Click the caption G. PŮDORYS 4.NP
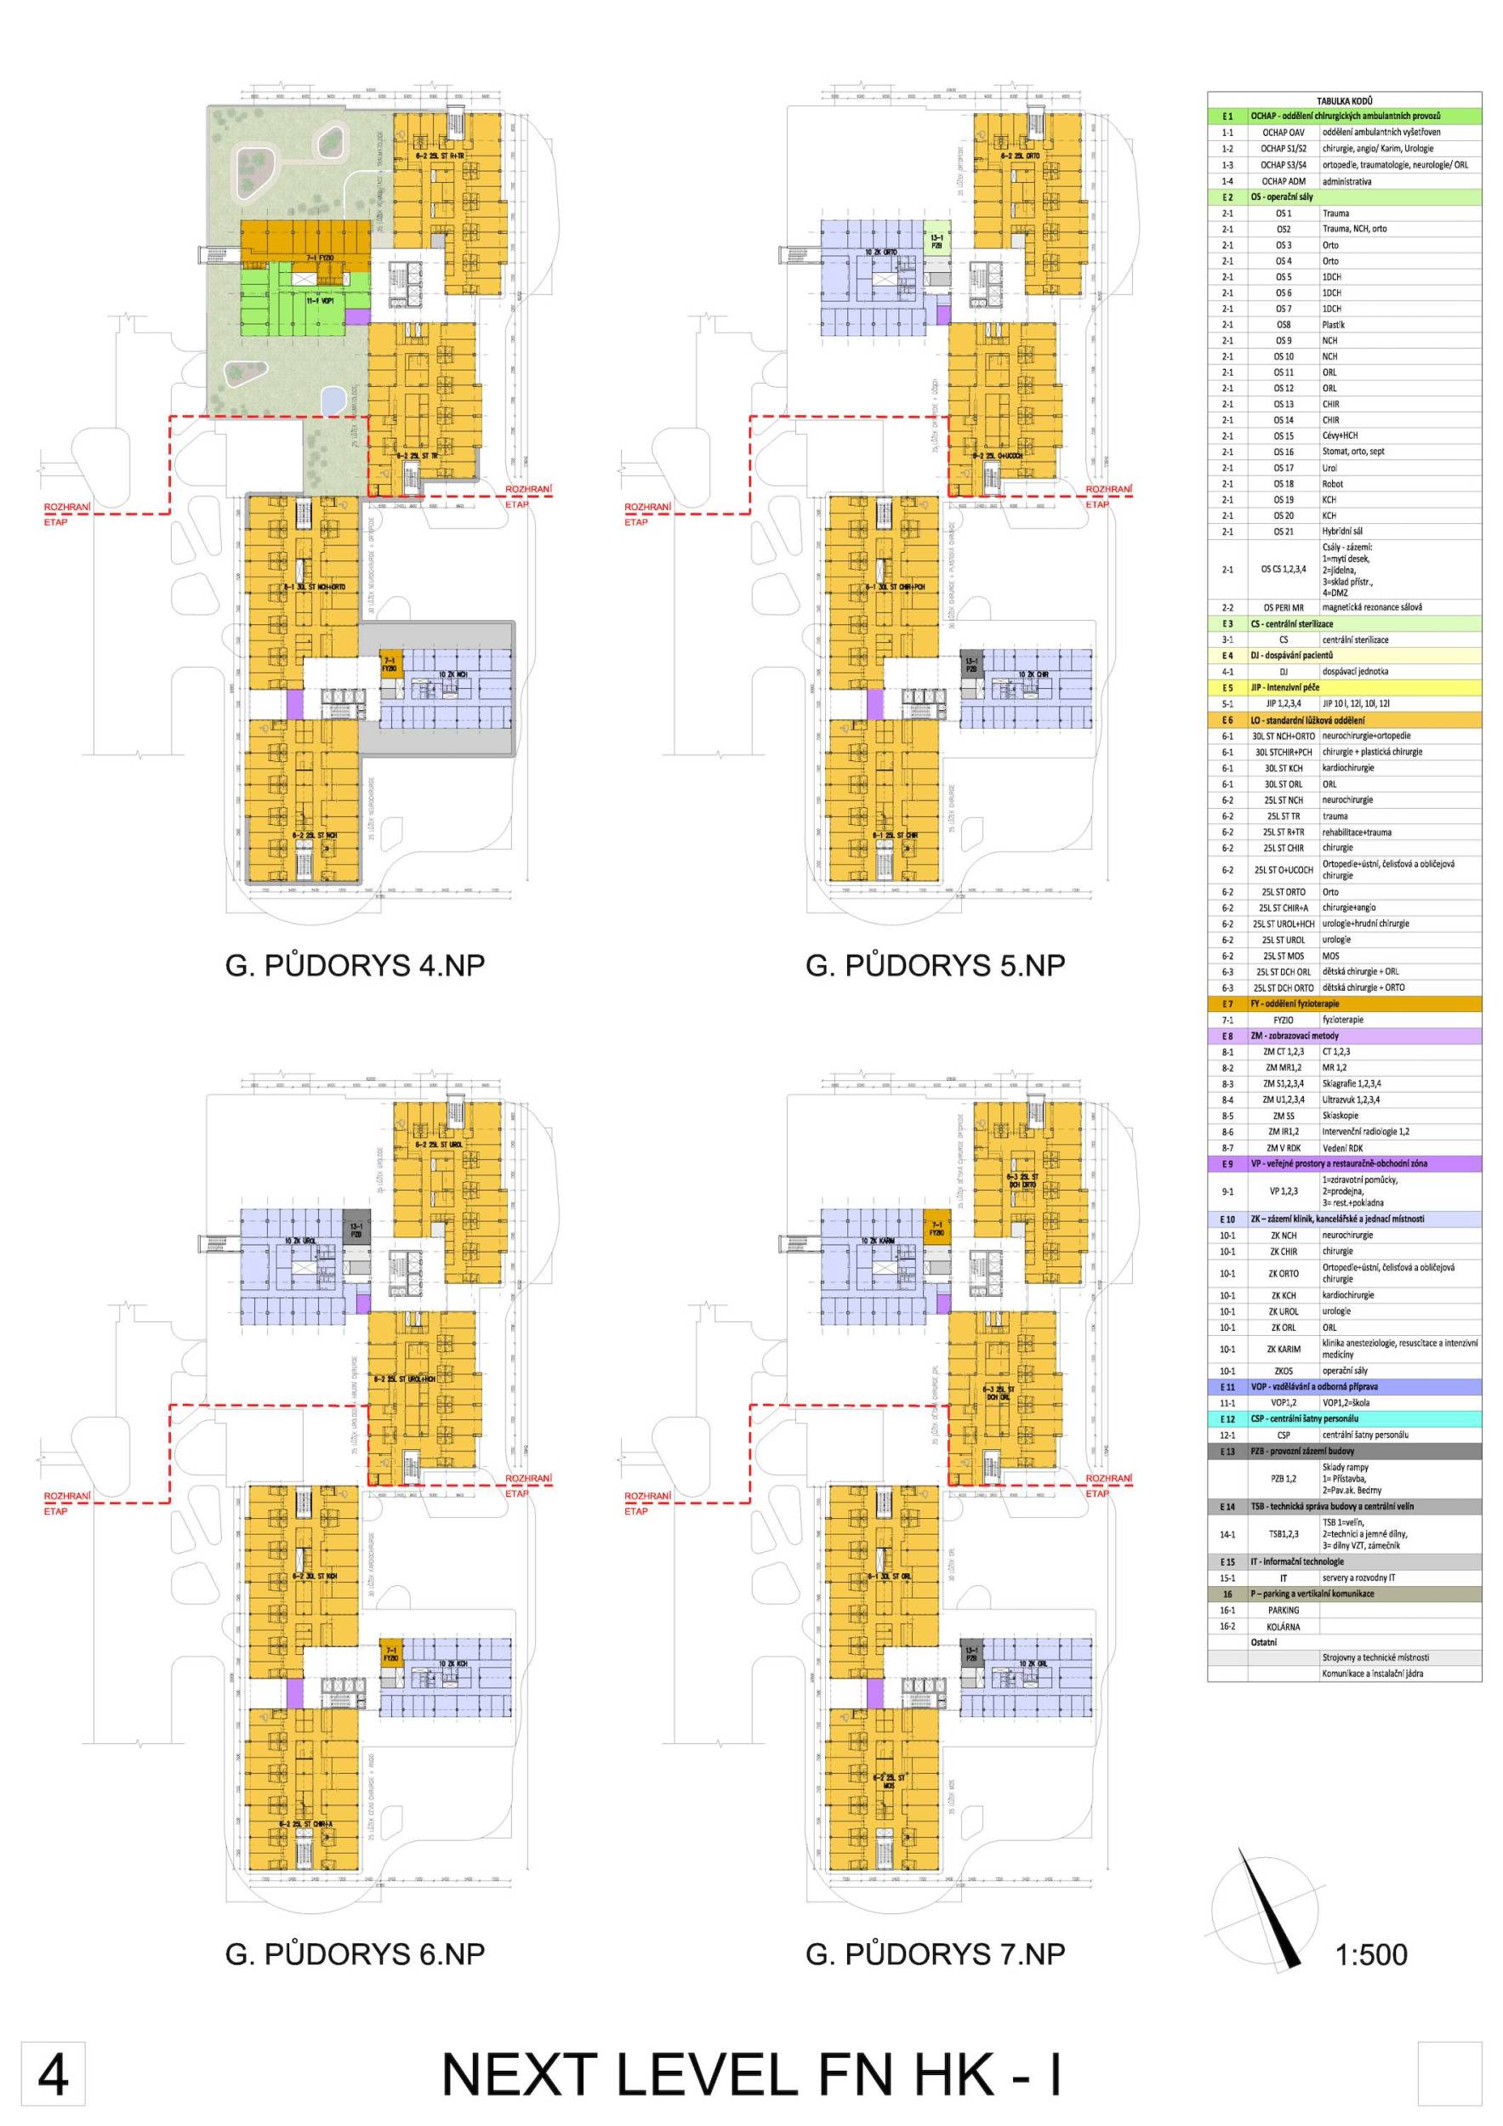pyautogui.click(x=355, y=965)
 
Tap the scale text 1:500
pyautogui.click(x=1370, y=1955)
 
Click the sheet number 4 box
pyautogui.click(x=53, y=2074)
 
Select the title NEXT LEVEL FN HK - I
pyautogui.click(x=751, y=2074)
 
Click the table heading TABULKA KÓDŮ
pyautogui.click(x=1344, y=100)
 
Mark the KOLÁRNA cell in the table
pyautogui.click(x=1283, y=1626)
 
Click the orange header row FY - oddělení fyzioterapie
pyautogui.click(x=1344, y=1003)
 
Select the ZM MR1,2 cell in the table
pyautogui.click(x=1283, y=1067)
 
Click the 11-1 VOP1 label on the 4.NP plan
pyautogui.click(x=320, y=301)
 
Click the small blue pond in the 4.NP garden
pyautogui.click(x=331, y=399)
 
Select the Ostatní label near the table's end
pyautogui.click(x=1263, y=1642)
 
